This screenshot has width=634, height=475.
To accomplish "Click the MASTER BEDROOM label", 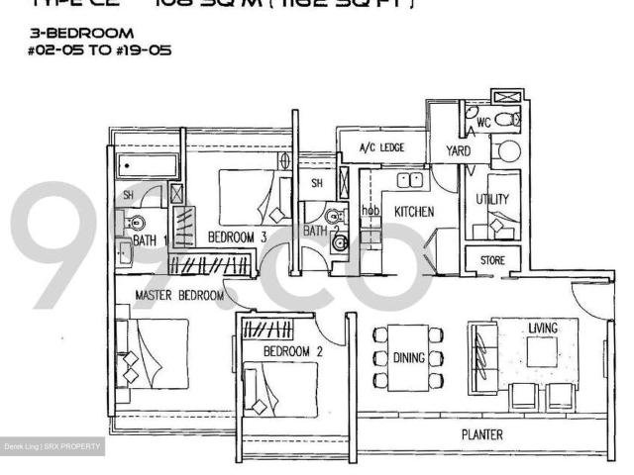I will (179, 296).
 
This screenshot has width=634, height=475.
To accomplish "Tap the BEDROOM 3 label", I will (238, 237).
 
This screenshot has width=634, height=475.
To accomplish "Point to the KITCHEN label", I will (415, 212).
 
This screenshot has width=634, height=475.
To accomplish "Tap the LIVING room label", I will (542, 328).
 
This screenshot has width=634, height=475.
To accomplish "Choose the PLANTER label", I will (481, 434).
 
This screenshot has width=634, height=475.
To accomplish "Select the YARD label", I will (458, 151).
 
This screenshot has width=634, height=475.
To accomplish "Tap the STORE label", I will (492, 260).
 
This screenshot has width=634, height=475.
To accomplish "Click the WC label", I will (483, 123).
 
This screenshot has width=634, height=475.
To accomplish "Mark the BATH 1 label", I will (151, 240).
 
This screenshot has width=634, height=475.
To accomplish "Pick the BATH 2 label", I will (315, 231).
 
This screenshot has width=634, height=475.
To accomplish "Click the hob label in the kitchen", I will (370, 210).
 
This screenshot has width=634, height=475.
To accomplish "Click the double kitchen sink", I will (408, 180).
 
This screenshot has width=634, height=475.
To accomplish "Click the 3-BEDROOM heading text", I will (81, 34).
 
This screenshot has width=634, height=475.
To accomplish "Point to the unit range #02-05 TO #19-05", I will (100, 50).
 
